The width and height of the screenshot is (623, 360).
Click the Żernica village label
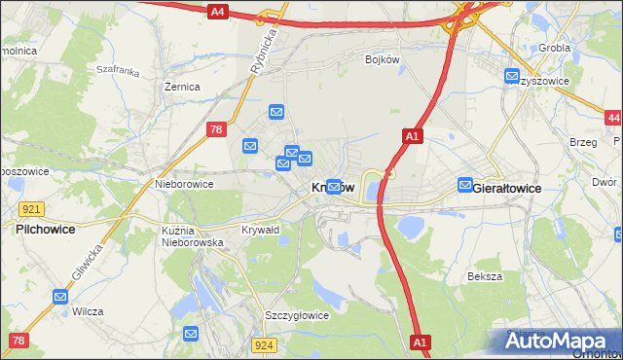pyautogui.click(x=182, y=87)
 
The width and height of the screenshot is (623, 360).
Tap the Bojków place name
pyautogui.click(x=383, y=59)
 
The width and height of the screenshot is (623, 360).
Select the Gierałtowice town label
pyautogui.click(x=506, y=187)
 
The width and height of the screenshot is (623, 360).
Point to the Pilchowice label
pyautogui.click(x=46, y=230)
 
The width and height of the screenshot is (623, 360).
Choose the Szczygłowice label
pyautogui.click(x=297, y=315)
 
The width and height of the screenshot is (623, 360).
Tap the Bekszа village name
pyautogui.click(x=484, y=276)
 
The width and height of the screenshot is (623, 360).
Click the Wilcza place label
pyautogui.click(x=89, y=311)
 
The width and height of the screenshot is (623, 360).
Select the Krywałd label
pyautogui.click(x=261, y=230)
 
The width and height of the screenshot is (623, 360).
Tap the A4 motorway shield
pyautogui.click(x=218, y=12)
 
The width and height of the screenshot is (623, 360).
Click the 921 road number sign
pyautogui.click(x=31, y=209)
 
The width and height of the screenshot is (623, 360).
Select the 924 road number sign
pyautogui.click(x=262, y=345)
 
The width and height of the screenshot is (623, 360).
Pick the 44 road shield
pyautogui.click(x=612, y=118)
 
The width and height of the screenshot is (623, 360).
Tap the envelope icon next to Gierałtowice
pyautogui.click(x=465, y=185)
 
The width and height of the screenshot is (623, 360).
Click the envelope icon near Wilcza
pyautogui.click(x=61, y=297)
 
